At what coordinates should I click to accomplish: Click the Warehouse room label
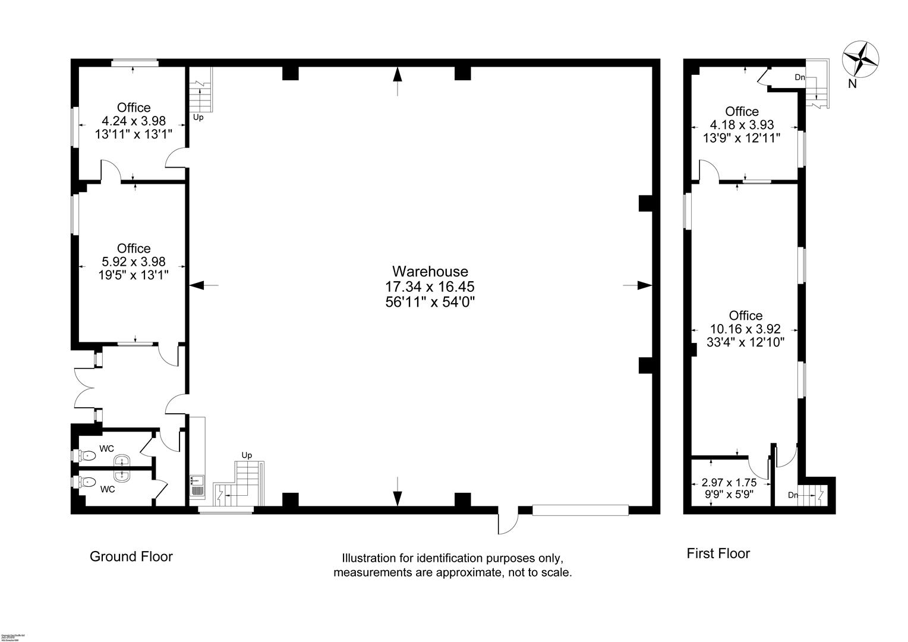click(430, 272)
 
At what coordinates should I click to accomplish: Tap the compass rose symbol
click(860, 59)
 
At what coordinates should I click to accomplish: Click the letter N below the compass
click(852, 84)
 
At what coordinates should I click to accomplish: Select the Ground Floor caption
click(131, 556)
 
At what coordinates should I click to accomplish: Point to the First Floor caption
click(718, 553)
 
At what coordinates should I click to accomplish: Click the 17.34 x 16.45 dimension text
click(430, 287)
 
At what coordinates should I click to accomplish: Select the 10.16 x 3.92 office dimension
click(745, 329)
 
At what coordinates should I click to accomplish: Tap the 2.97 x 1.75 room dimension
click(729, 483)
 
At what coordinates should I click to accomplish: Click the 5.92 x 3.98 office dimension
click(133, 262)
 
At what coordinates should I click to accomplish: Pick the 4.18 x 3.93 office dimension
click(742, 125)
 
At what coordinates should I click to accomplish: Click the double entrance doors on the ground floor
click(84, 388)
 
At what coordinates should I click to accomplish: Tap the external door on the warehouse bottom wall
click(508, 522)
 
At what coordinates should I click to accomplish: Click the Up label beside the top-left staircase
click(198, 118)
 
